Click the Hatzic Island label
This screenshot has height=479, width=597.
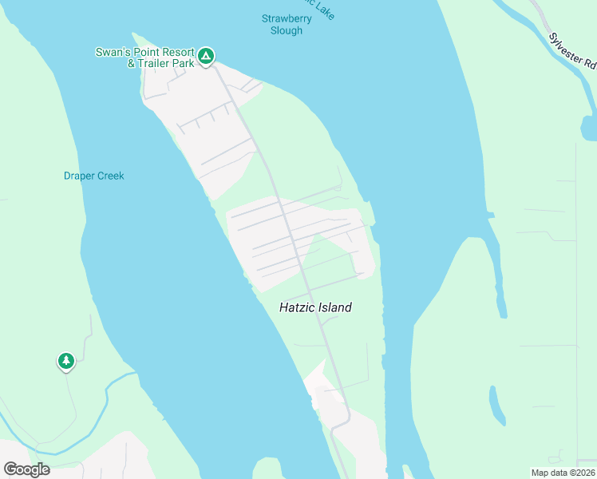(315, 307)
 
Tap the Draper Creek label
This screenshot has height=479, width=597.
(94, 176)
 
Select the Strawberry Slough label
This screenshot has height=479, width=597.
(283, 24)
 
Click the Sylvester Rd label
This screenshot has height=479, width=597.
(572, 50)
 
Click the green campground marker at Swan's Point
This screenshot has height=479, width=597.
(206, 55)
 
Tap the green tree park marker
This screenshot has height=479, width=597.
(66, 362)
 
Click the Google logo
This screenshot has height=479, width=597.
(27, 469)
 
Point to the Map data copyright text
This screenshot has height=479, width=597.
(563, 473)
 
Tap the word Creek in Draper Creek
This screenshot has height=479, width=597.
(112, 176)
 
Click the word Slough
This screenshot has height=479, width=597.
(286, 30)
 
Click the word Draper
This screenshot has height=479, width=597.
(80, 176)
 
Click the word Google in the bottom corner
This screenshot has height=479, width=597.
(27, 469)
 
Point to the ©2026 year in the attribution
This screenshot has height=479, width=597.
(580, 473)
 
